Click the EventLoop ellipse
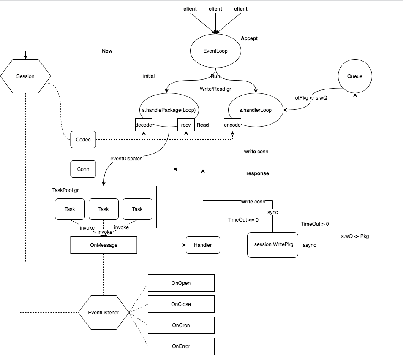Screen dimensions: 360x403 (x=215, y=51)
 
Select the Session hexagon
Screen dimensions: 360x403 (x=25, y=76)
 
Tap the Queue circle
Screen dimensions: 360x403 (x=354, y=76)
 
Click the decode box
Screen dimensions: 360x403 (x=144, y=125)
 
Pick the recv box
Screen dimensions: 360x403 (x=186, y=125)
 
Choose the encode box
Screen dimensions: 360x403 (x=232, y=125)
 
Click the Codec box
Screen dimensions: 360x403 (x=83, y=140)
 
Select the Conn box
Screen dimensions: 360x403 (x=83, y=169)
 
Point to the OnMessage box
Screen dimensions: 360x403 (x=103, y=245)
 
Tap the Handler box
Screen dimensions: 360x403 (x=203, y=245)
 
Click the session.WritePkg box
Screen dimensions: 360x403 (x=272, y=245)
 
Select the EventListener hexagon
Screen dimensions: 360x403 (x=103, y=313)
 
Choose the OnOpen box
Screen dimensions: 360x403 (x=181, y=283)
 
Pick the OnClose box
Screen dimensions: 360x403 (x=181, y=304)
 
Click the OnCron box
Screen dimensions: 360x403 (x=181, y=325)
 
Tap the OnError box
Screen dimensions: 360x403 (x=181, y=346)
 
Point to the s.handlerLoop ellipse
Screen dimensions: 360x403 (x=256, y=110)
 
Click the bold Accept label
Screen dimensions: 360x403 (x=249, y=38)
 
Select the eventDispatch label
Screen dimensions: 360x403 (x=126, y=160)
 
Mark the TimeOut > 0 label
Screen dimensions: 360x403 (x=315, y=224)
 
